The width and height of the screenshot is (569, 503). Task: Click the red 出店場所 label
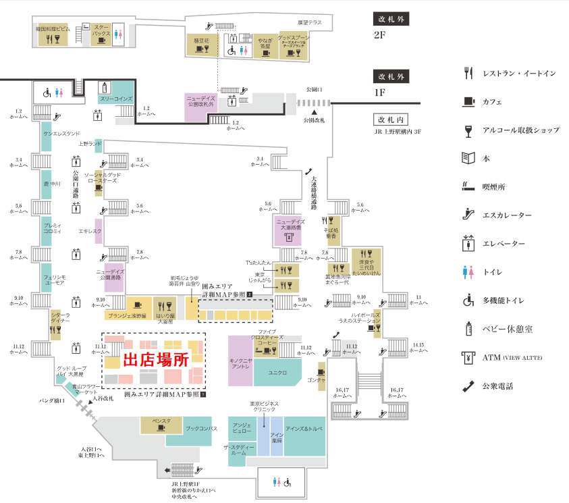coord(155,360)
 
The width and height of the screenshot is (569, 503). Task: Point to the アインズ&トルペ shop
coord(304,429)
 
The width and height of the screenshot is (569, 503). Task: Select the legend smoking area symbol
coord(468,186)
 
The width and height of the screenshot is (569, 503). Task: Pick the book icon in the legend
coord(468,158)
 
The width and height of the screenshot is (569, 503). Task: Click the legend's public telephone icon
coord(468,386)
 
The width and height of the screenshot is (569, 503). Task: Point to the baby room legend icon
coord(468,329)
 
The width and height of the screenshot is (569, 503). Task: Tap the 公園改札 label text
coord(314,120)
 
